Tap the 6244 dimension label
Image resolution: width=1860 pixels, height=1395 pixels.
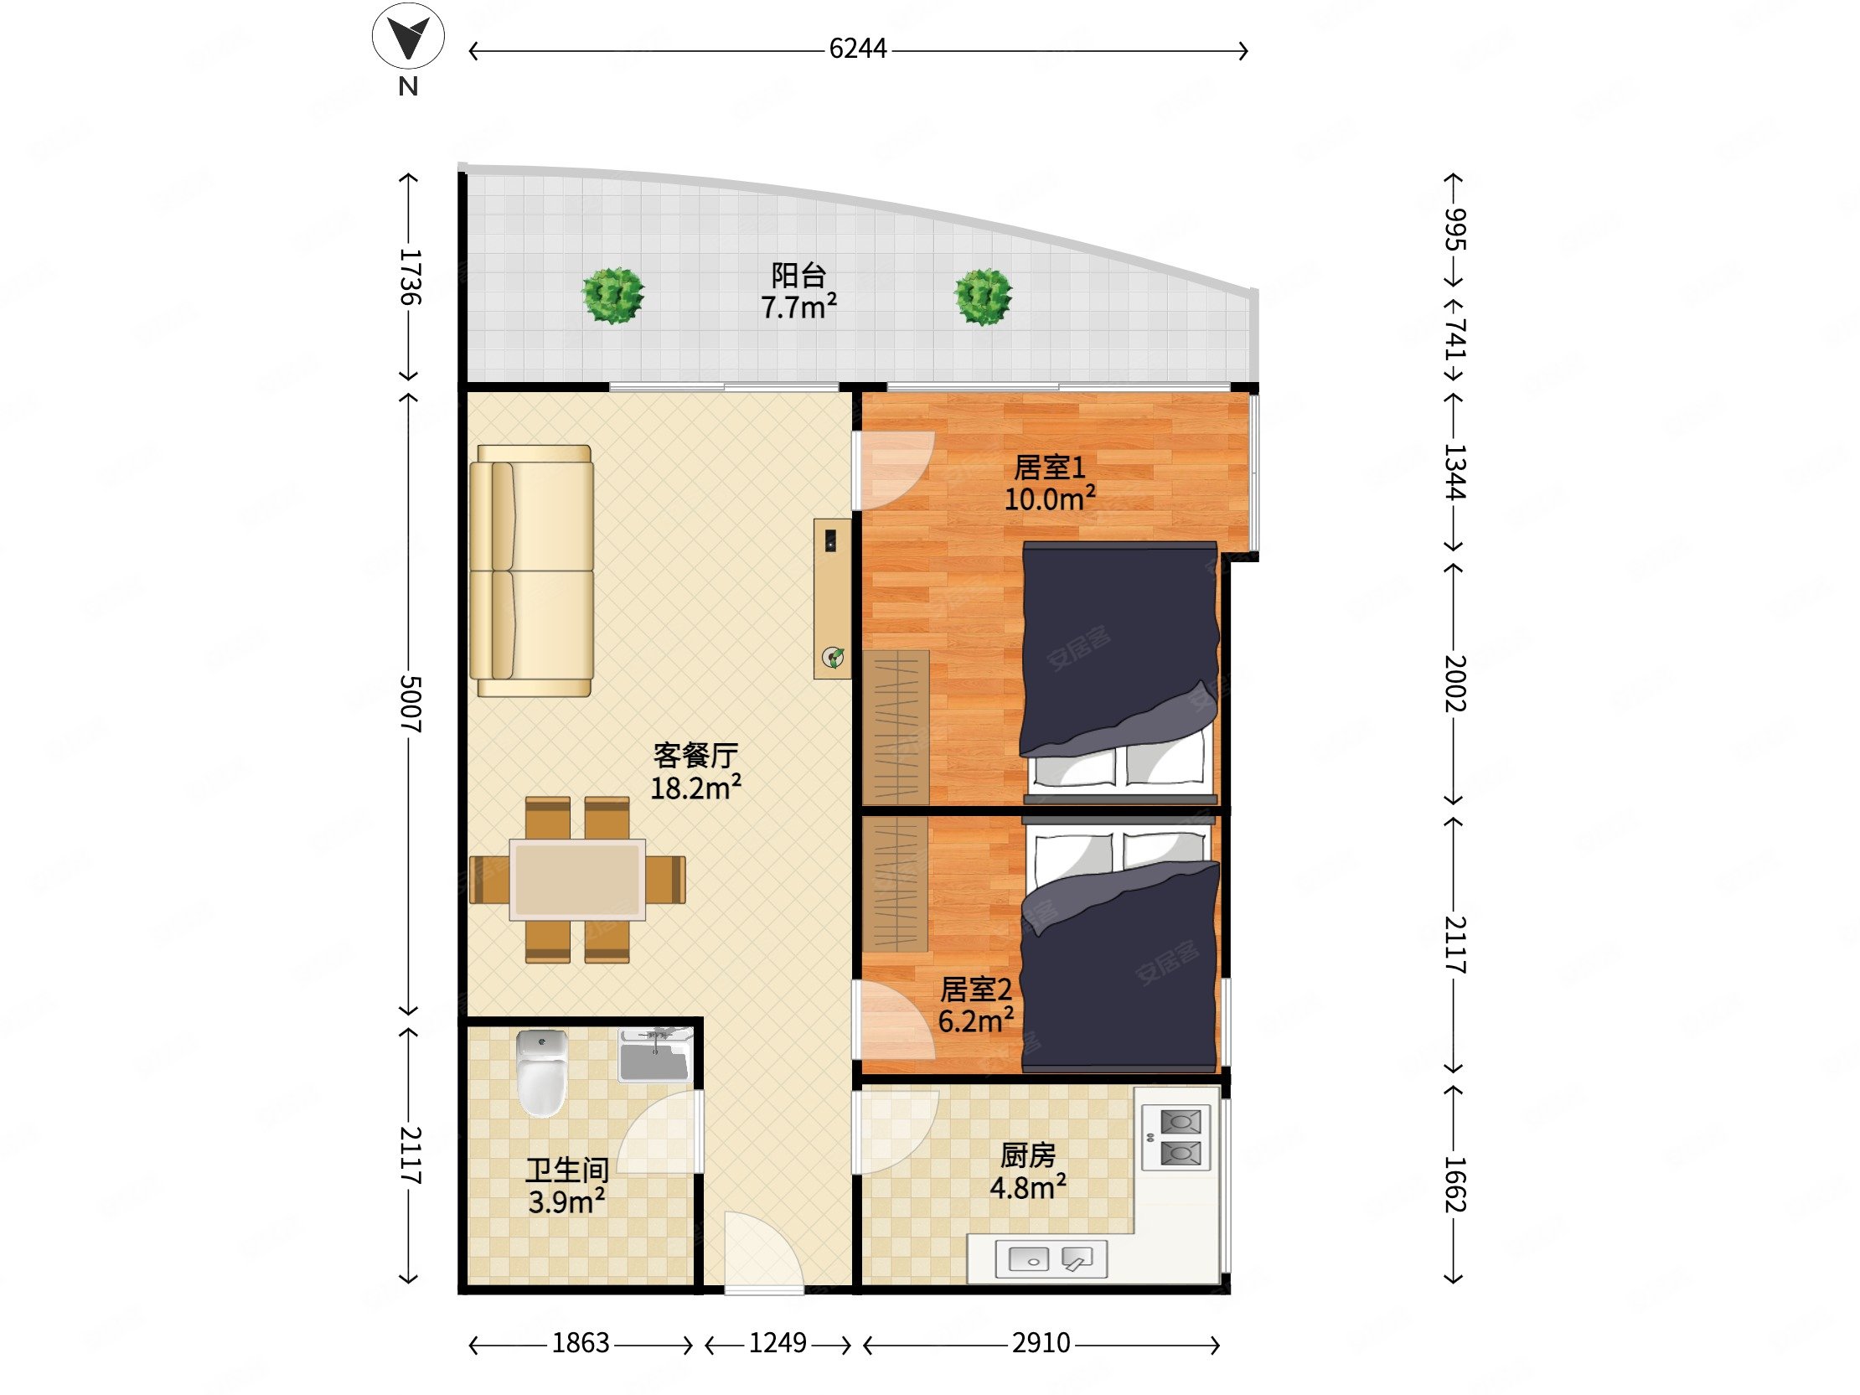tap(858, 49)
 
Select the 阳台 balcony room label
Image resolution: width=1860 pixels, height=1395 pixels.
tap(798, 275)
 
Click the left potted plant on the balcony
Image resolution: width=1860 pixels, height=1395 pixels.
tap(613, 295)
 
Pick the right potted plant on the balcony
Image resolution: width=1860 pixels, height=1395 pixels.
tap(983, 296)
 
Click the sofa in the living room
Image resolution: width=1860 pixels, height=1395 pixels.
tap(531, 571)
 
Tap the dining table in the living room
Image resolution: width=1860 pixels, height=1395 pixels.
tap(577, 880)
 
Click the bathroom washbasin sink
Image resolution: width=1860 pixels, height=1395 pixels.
tap(654, 1056)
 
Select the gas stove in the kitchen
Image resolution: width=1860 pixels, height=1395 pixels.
tap(1176, 1138)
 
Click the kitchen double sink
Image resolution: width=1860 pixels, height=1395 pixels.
tap(1051, 1258)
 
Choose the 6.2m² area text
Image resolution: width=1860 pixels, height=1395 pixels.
tap(975, 1020)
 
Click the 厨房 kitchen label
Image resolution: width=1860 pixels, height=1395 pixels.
tap(1027, 1156)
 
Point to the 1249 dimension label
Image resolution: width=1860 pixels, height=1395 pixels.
tap(778, 1343)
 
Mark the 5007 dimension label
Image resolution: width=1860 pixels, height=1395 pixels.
tap(410, 703)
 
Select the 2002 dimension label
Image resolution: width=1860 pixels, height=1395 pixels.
tap(1454, 684)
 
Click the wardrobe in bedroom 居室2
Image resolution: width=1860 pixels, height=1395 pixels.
tap(896, 885)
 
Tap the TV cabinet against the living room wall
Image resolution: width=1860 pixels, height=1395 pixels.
tap(833, 599)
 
